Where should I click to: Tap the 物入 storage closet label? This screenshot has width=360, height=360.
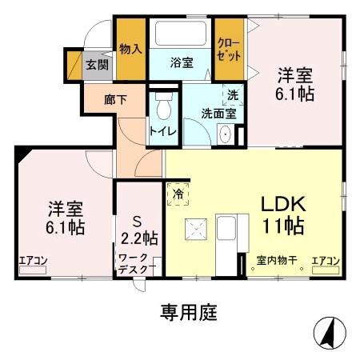coord(130,49)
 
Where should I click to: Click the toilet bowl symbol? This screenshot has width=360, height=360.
coord(164,106)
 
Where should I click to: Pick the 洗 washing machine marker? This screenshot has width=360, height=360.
coord(232,94)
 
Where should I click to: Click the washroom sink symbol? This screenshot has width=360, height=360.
coord(225,134)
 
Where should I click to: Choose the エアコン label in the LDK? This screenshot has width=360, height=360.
coord(326,260)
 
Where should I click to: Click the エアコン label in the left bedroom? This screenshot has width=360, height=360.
coord(34,260)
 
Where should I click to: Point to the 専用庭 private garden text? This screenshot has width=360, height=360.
coord(183,310)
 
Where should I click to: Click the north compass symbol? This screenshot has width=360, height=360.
coord(326,330)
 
